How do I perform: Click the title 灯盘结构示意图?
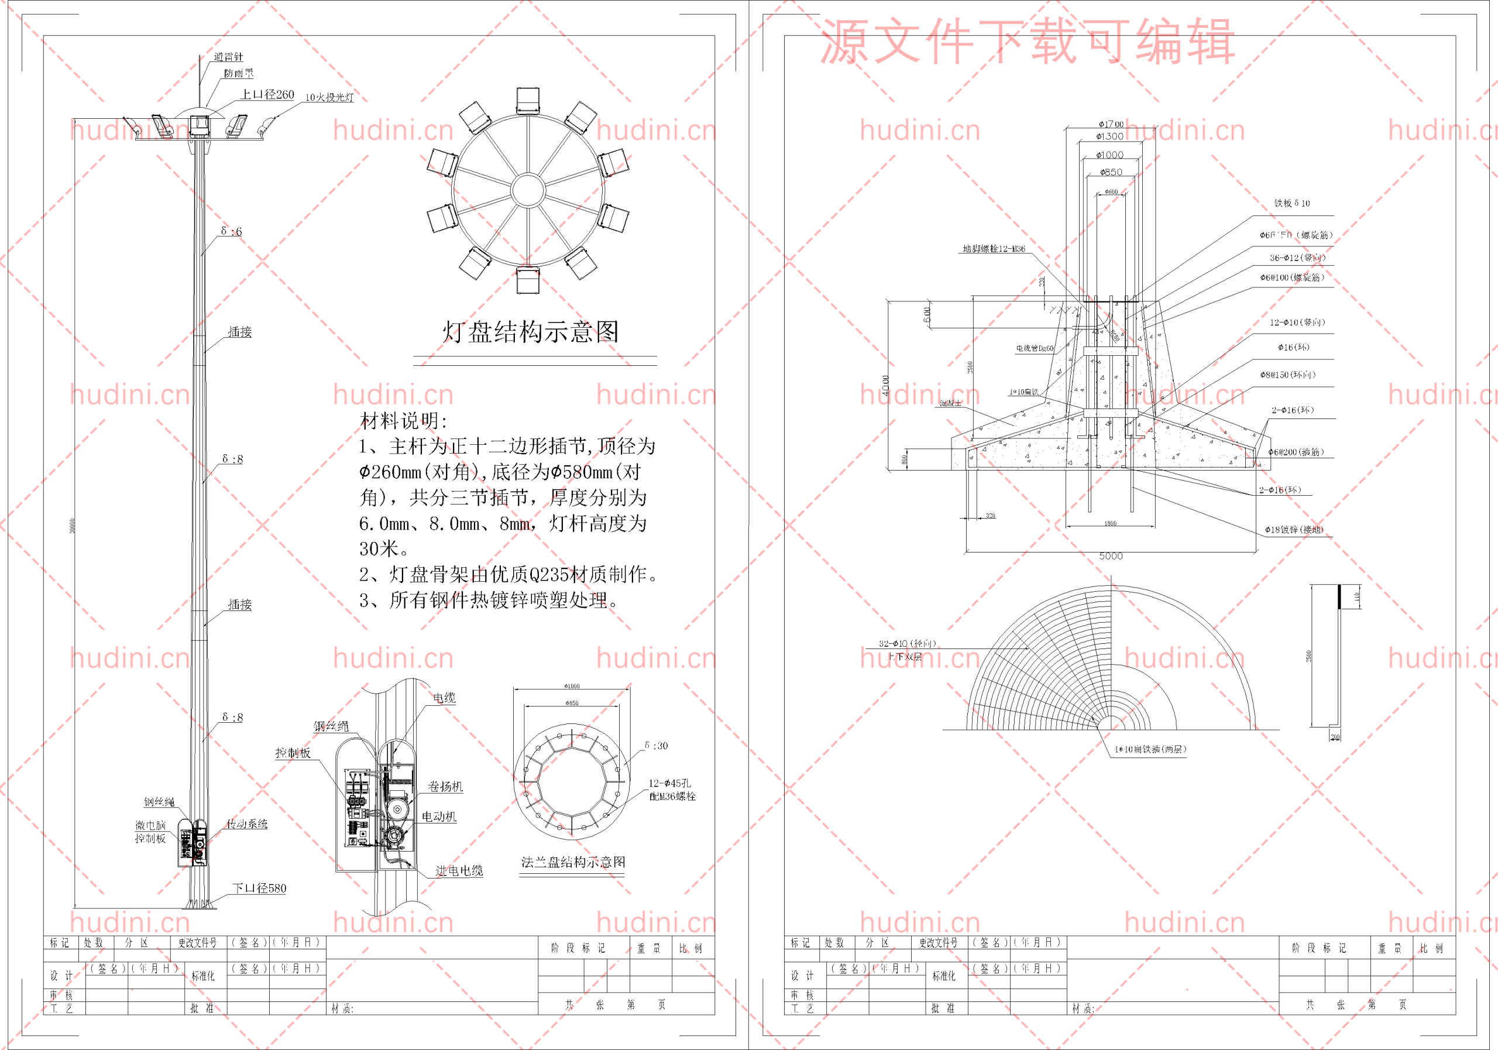tap(530, 331)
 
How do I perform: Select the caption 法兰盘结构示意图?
tap(572, 862)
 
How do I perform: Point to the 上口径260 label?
tap(267, 95)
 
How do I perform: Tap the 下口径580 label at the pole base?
tap(259, 888)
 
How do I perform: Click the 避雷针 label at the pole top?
tap(228, 57)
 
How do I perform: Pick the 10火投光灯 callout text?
tap(329, 97)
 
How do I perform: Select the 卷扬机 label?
tap(445, 787)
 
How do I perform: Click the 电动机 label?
tap(438, 816)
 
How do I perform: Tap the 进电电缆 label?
tap(459, 870)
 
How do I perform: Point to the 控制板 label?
tap(293, 753)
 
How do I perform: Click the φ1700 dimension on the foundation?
tap(1111, 124)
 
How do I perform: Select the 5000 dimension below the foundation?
tap(1111, 556)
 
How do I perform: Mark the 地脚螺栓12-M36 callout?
tap(994, 249)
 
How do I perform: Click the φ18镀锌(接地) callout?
tap(1294, 530)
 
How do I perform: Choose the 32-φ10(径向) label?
tap(907, 643)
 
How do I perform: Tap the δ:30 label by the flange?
tap(656, 745)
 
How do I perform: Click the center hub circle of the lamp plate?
tap(527, 190)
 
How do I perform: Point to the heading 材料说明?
tap(404, 421)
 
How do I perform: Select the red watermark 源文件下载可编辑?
tap(1027, 42)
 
